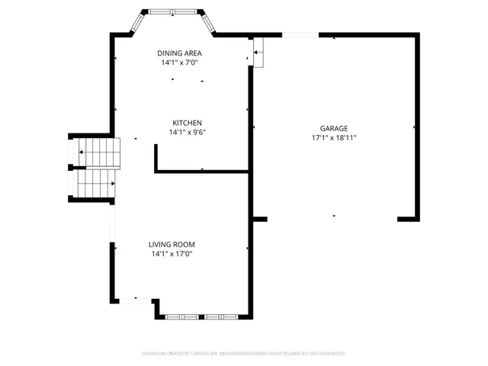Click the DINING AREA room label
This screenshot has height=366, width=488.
179,53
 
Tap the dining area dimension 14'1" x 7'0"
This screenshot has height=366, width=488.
179,63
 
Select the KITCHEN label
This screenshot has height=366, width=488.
187,123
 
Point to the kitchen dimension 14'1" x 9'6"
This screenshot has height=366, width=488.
187,133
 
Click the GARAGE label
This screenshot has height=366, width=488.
334,128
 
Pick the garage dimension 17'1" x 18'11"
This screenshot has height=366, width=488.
334,138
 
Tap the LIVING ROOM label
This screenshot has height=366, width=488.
172,244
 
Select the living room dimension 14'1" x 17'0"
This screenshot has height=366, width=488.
172,254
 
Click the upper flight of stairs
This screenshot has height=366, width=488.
98,152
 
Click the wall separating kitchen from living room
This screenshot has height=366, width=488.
202,172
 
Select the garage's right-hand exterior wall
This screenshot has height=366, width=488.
418,126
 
